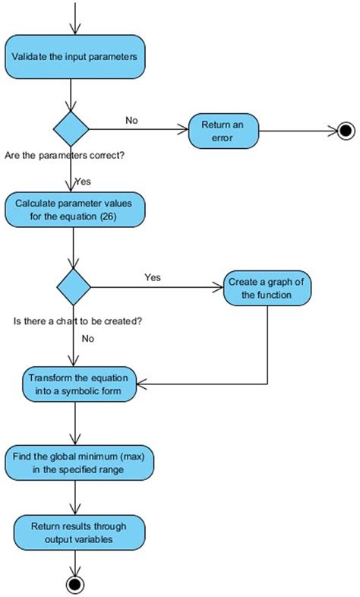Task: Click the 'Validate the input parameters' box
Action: point(74,56)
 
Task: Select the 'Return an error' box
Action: point(223,131)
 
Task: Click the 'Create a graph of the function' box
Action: point(267,288)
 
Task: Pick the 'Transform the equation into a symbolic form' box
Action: point(79,385)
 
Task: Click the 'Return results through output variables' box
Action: point(78,532)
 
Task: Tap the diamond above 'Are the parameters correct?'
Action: point(71,130)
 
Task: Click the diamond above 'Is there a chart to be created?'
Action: point(74,287)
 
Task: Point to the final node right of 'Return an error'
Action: point(346,131)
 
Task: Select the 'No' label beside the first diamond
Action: point(131,120)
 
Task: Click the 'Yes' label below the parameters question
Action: point(84,182)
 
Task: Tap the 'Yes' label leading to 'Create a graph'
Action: point(153,277)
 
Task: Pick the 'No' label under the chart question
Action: point(87,339)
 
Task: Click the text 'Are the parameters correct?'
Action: point(65,155)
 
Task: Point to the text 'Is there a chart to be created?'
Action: point(79,321)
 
